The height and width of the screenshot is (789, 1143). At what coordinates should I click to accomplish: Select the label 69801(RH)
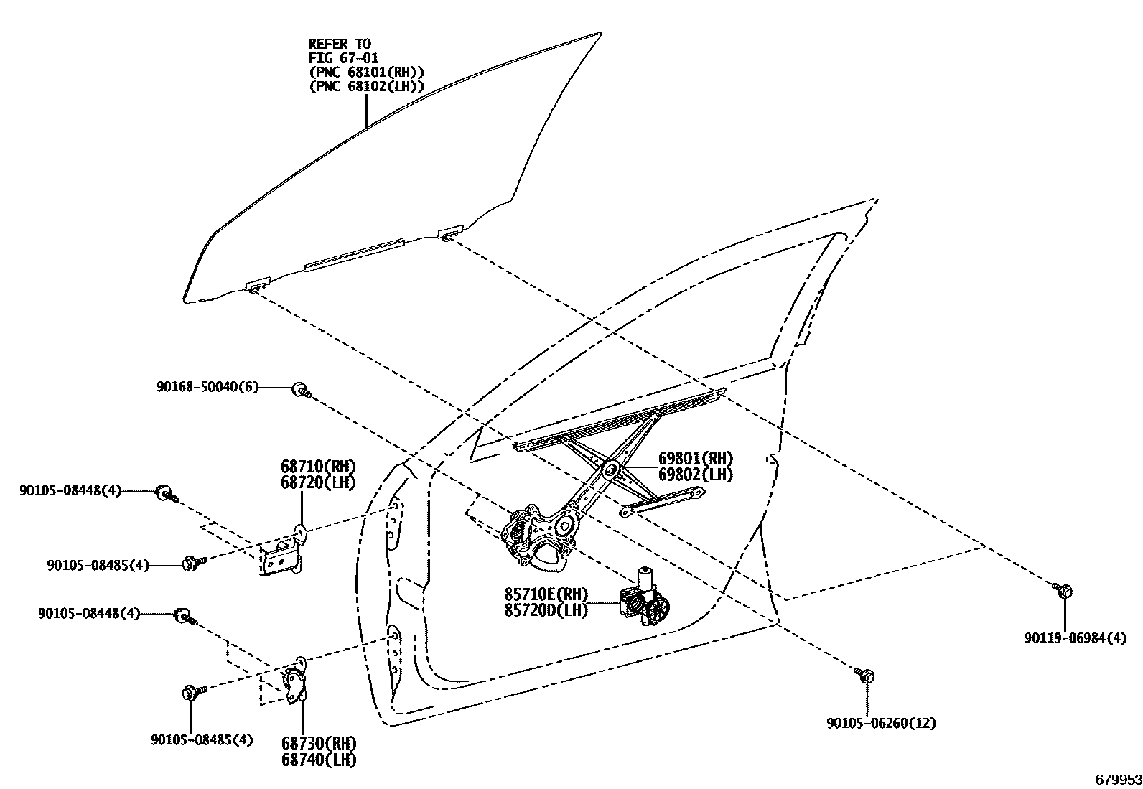coord(696,459)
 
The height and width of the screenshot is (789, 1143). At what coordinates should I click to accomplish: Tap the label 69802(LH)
coord(696,475)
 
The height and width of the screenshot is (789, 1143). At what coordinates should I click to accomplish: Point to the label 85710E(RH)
coord(546,594)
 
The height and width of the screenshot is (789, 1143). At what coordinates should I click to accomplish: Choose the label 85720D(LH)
coord(546,610)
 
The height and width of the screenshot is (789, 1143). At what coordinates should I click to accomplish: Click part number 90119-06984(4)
coord(1075,638)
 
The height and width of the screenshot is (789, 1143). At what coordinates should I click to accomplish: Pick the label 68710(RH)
coord(318,467)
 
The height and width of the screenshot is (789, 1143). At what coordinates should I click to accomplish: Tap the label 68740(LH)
coord(318,759)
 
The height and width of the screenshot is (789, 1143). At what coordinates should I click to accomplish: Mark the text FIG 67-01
coord(343,57)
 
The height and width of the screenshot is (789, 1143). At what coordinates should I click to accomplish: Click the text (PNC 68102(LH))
coord(366,86)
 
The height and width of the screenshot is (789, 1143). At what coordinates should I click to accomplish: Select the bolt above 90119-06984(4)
coord(1063,590)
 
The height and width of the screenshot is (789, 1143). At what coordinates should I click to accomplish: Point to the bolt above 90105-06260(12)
coord(865,675)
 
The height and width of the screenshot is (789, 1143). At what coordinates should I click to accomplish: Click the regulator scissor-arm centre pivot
coord(612,470)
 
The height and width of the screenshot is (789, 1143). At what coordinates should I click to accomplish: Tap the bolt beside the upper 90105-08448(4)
coord(166,493)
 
